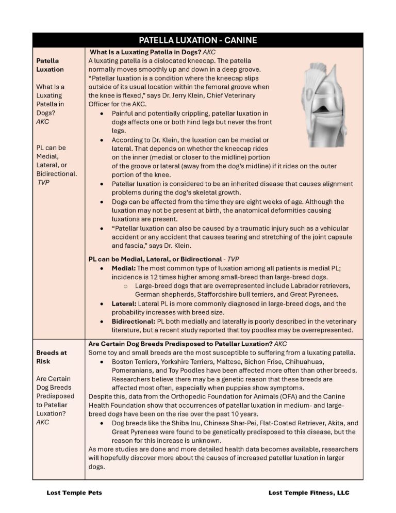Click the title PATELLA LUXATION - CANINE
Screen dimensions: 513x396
point(198,40)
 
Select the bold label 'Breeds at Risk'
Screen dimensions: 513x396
point(52,357)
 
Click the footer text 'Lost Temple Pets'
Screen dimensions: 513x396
point(74,492)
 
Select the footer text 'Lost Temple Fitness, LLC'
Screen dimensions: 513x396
point(309,492)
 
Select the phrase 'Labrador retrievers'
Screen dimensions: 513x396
point(319,285)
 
